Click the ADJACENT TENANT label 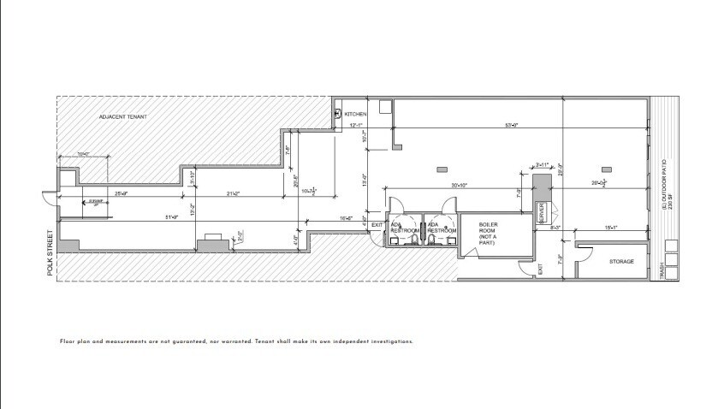[x=120, y=116]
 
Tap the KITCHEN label [x=355, y=114]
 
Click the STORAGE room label [x=621, y=261]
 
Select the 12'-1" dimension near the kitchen [x=357, y=126]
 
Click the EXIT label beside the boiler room [x=540, y=270]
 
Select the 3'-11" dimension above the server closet [x=543, y=164]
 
